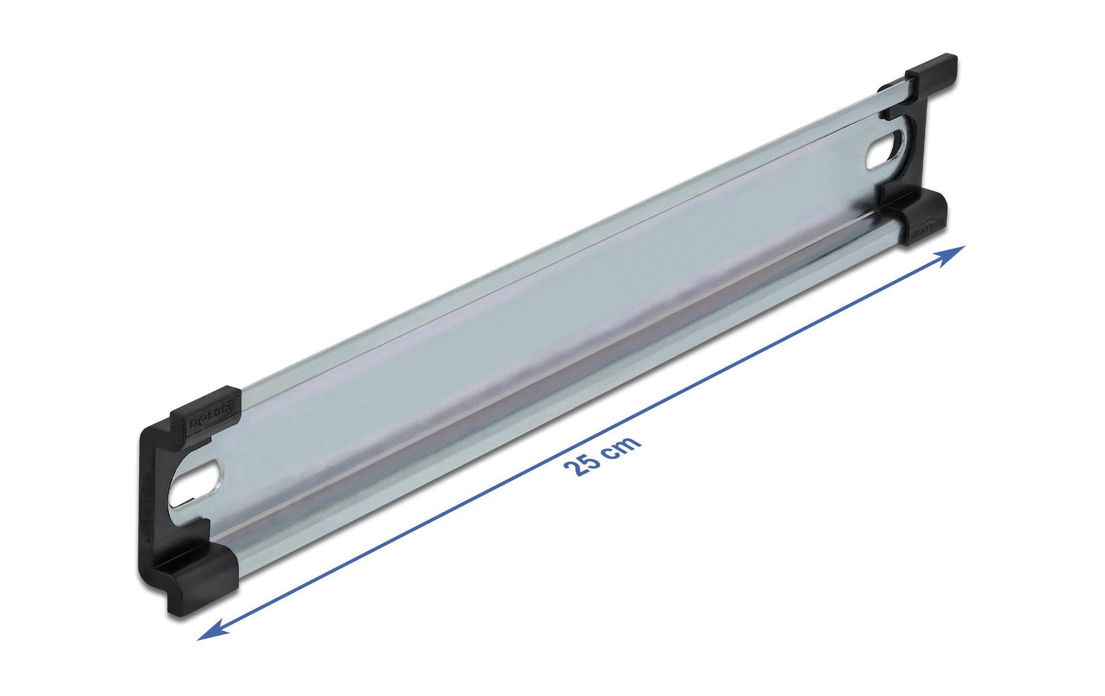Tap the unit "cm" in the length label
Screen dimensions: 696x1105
620,450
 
